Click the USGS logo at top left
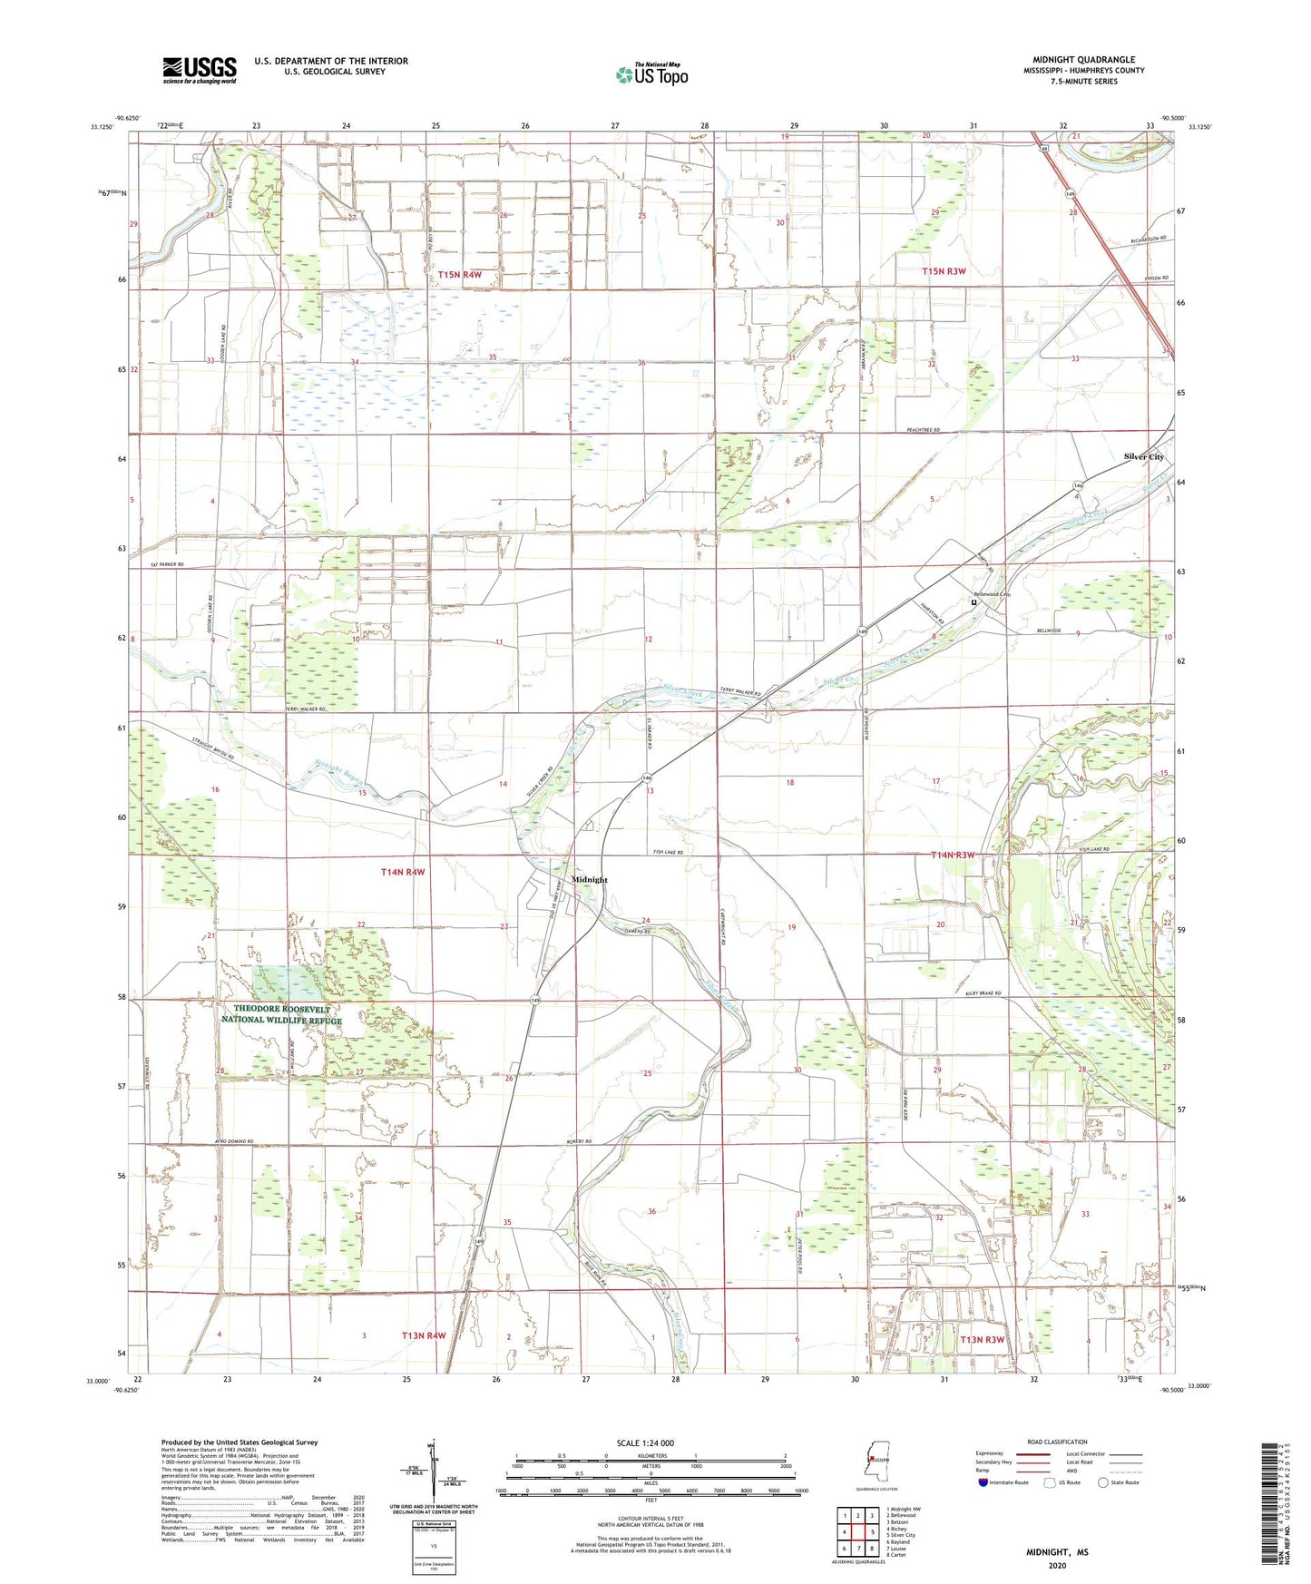tap(199, 70)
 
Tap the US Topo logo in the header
tap(651, 74)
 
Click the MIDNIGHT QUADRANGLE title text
tap(1083, 60)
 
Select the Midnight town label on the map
tap(590, 880)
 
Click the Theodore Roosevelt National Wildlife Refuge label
tap(282, 1014)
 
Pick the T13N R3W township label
tap(982, 1339)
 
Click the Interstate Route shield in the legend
tap(984, 1483)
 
